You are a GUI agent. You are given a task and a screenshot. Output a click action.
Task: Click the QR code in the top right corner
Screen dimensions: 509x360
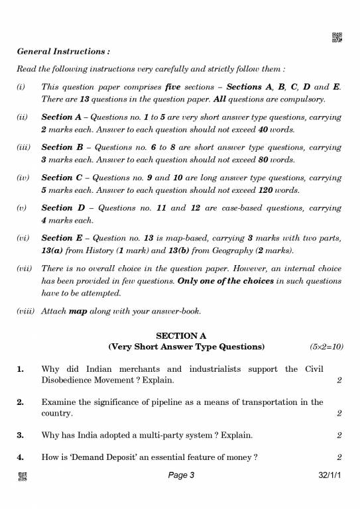tap(336, 38)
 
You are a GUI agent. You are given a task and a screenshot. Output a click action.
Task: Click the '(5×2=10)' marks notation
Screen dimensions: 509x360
tap(326, 347)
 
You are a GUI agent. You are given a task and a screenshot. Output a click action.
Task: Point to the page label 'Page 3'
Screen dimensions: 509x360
tap(181, 475)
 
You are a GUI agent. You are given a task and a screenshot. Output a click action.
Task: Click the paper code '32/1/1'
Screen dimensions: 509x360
tap(330, 475)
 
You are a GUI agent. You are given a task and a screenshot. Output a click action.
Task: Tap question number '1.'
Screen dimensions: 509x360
tap(21, 368)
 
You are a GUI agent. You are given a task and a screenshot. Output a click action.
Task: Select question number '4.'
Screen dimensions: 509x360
tap(21, 457)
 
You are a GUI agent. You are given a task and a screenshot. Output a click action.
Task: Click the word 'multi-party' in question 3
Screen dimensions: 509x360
tap(156, 435)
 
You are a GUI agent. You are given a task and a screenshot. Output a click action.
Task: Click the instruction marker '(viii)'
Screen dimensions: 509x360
tap(26, 311)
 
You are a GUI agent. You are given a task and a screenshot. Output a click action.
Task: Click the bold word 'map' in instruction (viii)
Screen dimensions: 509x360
tap(79, 311)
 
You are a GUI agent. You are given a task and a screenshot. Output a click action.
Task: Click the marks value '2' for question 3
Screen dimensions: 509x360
tap(339, 435)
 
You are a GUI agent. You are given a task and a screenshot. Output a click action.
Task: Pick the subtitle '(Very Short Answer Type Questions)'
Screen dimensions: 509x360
tap(186, 347)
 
